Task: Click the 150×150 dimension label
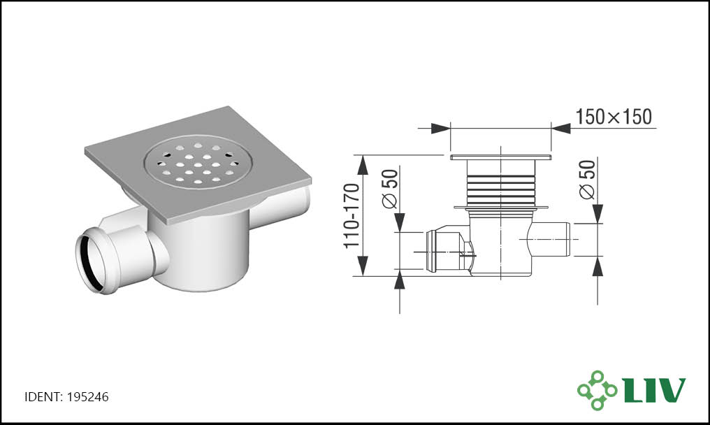[614, 117]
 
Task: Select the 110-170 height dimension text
[352, 216]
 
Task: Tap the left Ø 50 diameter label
[391, 189]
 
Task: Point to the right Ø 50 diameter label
[587, 180]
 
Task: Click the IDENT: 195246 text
[66, 397]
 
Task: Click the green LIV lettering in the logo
[654, 390]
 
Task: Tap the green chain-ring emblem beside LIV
[597, 390]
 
